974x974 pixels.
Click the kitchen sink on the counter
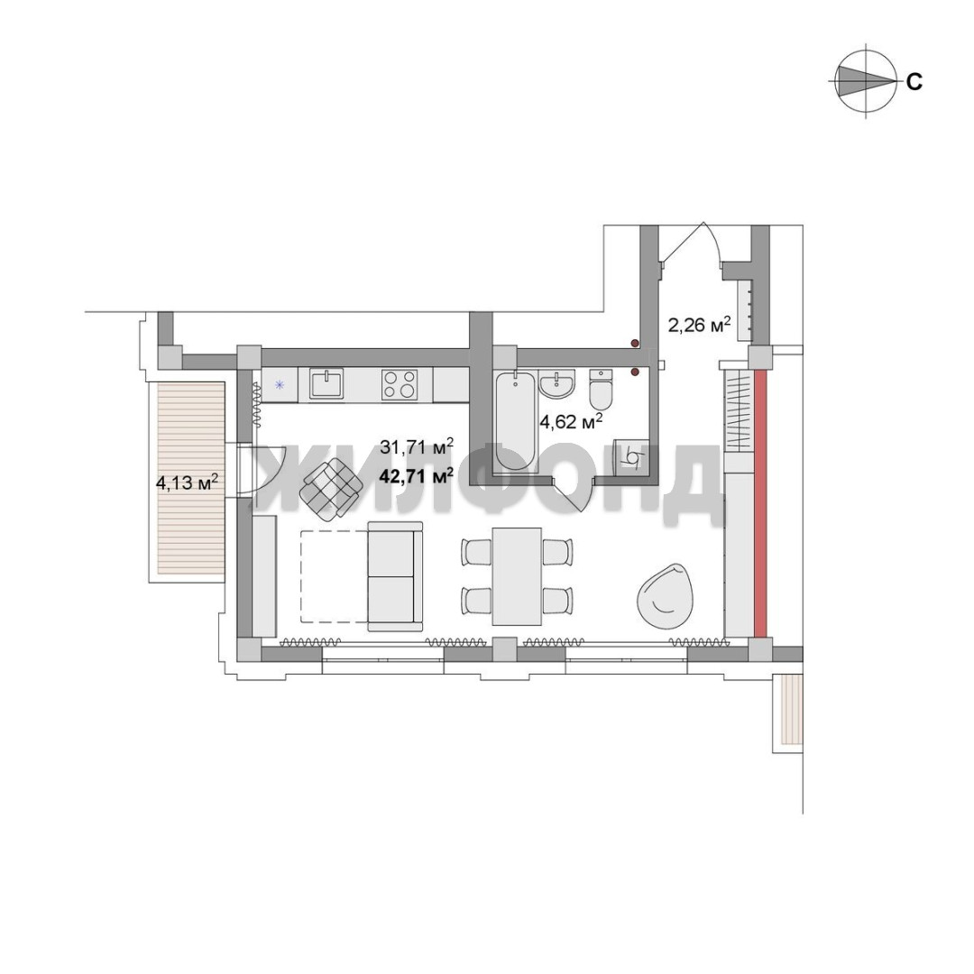coord(326,384)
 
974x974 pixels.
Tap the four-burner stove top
coord(400,384)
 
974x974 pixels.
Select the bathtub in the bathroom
coord(515,421)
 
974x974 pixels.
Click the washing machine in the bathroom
coord(630,456)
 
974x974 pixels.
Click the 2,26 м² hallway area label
coord(698,325)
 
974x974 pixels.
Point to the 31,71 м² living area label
coord(416,446)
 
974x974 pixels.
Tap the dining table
coord(516,576)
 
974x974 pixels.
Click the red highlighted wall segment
coord(760,503)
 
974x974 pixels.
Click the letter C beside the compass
coord(914,82)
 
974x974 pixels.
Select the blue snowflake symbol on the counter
coord(280,384)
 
